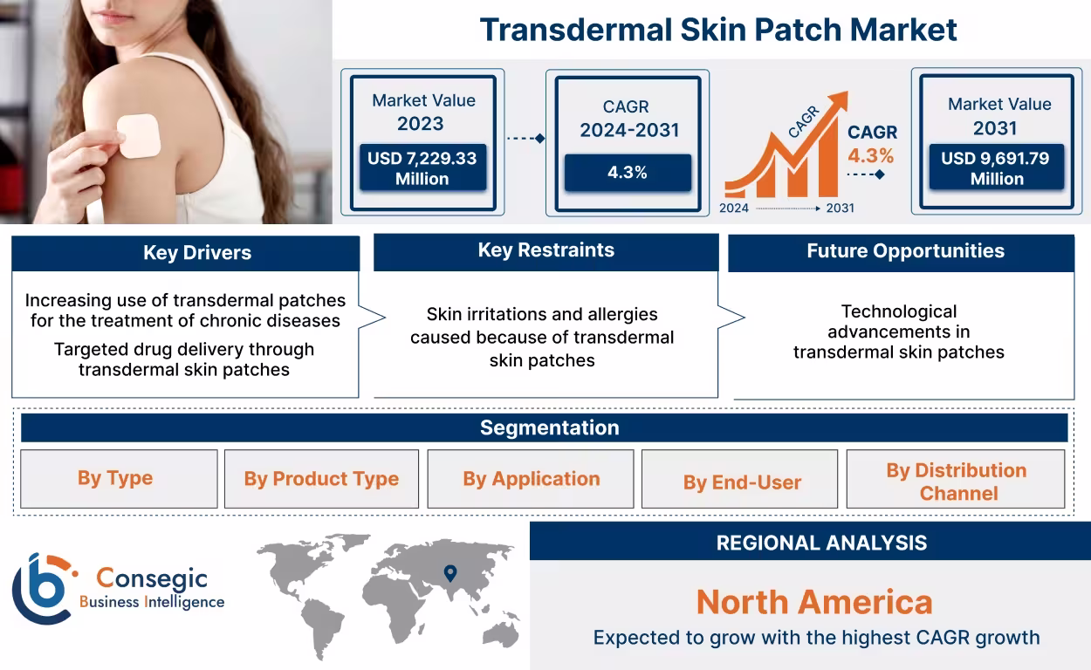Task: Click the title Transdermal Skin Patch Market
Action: pos(717,30)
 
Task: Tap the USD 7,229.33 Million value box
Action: pos(422,168)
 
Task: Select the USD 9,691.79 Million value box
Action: pos(995,168)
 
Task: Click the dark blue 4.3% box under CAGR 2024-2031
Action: pos(627,173)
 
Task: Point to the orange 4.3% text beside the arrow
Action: pos(870,156)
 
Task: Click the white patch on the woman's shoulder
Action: pos(140,136)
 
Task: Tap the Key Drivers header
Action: pos(185,253)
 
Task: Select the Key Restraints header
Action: pos(545,250)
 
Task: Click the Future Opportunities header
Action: pos(904,251)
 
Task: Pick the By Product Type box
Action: pos(321,479)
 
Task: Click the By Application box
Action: pos(531,479)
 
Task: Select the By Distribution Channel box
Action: pos(956,481)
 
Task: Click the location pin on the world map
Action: pos(450,573)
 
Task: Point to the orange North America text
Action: pos(813,602)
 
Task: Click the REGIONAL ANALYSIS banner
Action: pos(820,543)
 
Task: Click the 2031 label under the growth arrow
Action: pos(840,209)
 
